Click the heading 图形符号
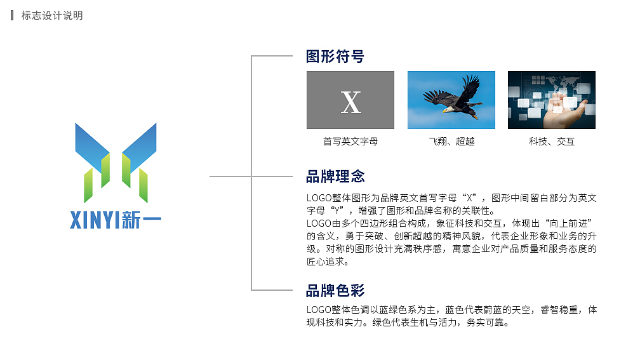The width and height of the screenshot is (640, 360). point(335,57)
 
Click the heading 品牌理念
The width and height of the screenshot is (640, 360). point(335,176)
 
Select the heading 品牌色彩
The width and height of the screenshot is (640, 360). point(335,291)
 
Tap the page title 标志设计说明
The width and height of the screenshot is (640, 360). point(52,15)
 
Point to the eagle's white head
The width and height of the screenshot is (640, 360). point(447,109)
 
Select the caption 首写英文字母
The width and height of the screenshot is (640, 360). point(350,142)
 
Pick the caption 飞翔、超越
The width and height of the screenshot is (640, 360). point(451,142)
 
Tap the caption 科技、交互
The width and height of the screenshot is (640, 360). point(552,142)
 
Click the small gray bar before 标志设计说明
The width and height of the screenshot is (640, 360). point(12,15)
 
